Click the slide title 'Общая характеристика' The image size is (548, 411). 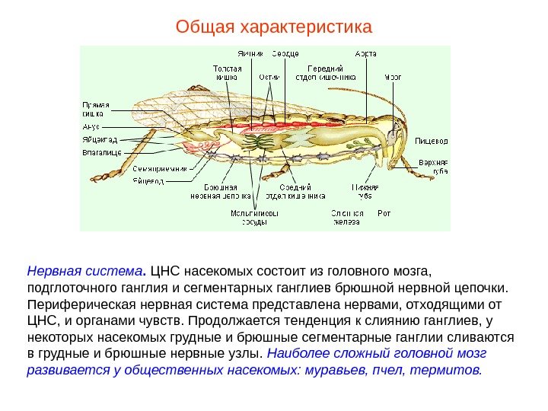(x=274, y=28)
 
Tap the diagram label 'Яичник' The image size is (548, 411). (x=250, y=54)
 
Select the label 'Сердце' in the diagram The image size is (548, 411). (x=285, y=54)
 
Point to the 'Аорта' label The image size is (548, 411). (x=366, y=54)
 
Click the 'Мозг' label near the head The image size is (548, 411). (x=393, y=77)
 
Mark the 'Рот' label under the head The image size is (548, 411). (x=384, y=214)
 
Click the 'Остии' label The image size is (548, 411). (x=268, y=77)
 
